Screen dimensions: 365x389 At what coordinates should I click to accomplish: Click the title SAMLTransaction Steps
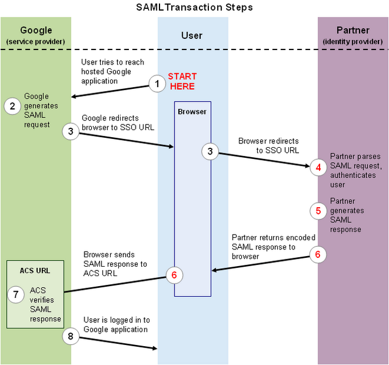click(194, 7)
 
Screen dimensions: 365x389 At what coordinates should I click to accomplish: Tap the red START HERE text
click(182, 81)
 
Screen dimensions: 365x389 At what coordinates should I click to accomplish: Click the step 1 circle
click(157, 84)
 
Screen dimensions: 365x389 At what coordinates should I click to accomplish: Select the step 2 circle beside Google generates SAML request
click(12, 106)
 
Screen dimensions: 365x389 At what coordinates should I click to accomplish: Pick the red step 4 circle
click(318, 166)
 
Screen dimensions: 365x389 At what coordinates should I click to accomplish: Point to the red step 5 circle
click(318, 211)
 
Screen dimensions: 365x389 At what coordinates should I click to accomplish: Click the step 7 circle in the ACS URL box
click(16, 295)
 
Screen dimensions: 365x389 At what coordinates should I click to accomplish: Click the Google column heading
click(36, 30)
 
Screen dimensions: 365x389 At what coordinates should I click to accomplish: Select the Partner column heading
click(353, 30)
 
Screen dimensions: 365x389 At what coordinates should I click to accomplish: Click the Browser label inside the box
click(192, 112)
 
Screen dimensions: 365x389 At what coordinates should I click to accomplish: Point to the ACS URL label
click(35, 271)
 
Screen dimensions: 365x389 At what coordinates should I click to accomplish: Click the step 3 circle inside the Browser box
click(210, 152)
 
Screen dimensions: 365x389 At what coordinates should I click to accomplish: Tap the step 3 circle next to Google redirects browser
click(71, 132)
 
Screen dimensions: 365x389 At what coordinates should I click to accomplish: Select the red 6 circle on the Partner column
click(318, 254)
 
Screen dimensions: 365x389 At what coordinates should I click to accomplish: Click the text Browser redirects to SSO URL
click(268, 146)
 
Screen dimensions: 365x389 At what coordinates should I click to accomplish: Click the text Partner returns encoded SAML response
click(273, 247)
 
